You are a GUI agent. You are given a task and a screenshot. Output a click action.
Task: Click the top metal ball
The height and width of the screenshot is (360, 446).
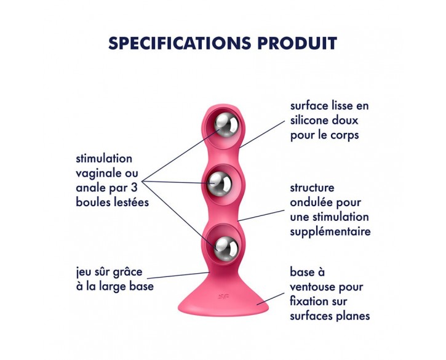(x=226, y=124)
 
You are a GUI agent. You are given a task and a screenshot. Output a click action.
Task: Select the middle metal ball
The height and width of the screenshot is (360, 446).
(x=219, y=184)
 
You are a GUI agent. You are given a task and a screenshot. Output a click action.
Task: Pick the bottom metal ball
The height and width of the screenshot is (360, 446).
(x=226, y=247)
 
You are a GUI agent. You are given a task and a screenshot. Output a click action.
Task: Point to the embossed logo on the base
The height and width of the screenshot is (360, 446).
(x=223, y=297)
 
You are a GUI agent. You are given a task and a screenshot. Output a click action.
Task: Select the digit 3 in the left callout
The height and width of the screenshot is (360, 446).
(x=135, y=188)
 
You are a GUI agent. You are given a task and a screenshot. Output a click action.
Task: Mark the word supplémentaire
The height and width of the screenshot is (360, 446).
(x=330, y=232)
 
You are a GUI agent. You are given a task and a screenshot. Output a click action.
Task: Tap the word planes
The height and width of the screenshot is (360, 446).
(x=353, y=316)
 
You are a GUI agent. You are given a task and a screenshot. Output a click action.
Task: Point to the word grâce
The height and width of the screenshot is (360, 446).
(x=128, y=273)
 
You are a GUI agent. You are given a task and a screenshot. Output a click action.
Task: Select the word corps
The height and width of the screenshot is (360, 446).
(x=344, y=135)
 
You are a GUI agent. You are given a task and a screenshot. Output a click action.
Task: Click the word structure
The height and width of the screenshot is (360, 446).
(x=312, y=188)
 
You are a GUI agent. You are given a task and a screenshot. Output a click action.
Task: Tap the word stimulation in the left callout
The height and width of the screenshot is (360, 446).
(x=104, y=159)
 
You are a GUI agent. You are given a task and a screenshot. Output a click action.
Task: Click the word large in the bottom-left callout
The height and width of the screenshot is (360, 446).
(x=113, y=287)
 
